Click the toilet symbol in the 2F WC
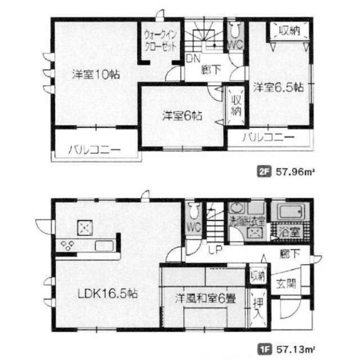[x=235, y=31]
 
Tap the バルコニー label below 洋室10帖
[x=95, y=150]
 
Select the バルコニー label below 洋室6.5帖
[x=268, y=138]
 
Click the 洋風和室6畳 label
[x=205, y=298]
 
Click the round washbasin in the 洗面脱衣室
[x=236, y=209]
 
